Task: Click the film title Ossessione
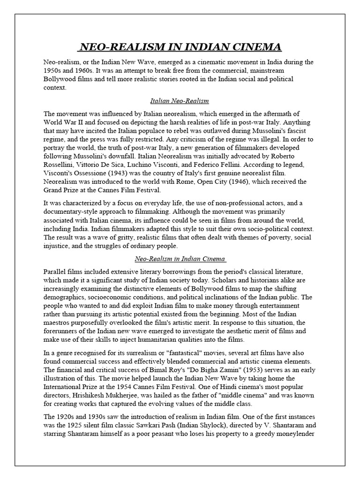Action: tap(91, 171)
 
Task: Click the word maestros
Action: tap(59, 323)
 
